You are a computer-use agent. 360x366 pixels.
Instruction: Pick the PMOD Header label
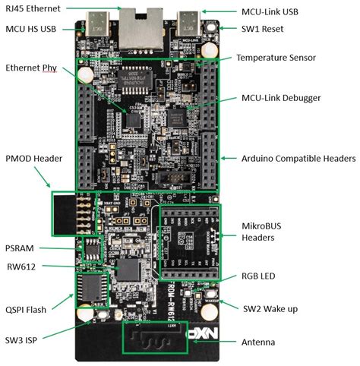(x=33, y=158)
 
